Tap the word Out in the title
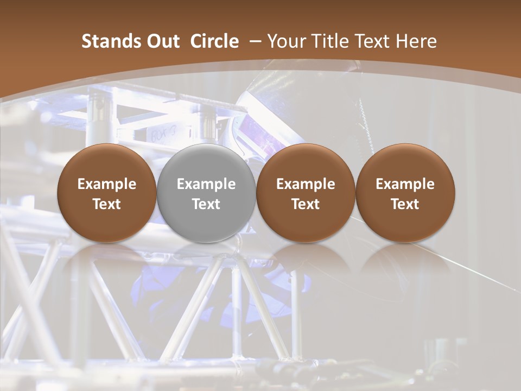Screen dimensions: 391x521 [162, 41]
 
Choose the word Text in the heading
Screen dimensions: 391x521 [370, 41]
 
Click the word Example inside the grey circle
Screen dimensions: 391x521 [206, 184]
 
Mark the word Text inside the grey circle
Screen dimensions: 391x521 [206, 204]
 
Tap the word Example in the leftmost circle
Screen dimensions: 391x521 [107, 184]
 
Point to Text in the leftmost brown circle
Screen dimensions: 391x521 [107, 204]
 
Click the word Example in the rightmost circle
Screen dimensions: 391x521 [405, 184]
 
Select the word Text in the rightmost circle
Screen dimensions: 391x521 [405, 204]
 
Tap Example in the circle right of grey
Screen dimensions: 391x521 [306, 184]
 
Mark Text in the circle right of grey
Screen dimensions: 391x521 [306, 204]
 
